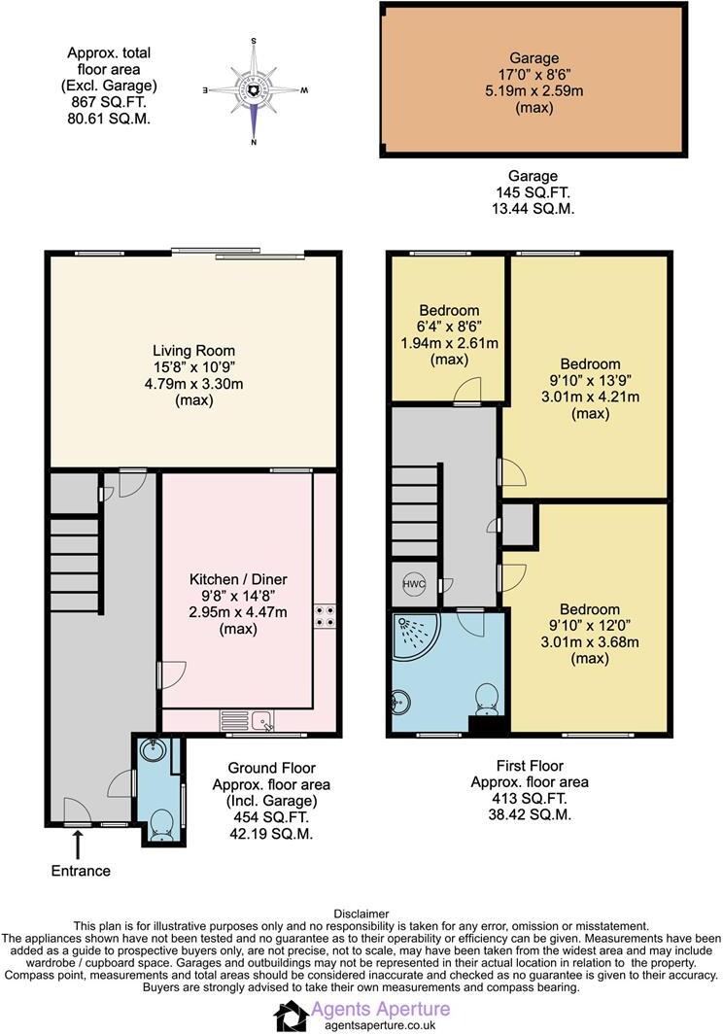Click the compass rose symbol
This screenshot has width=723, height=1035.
(x=254, y=90)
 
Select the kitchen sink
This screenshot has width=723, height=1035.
(x=260, y=720)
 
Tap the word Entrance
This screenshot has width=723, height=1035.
(x=81, y=871)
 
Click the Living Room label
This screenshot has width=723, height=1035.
(x=193, y=350)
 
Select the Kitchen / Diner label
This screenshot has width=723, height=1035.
(x=237, y=579)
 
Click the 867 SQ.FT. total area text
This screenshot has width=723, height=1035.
(x=109, y=101)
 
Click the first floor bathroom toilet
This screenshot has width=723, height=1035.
(x=487, y=696)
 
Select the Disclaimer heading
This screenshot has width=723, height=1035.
(x=361, y=914)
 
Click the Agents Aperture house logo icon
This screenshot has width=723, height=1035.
(x=290, y=1016)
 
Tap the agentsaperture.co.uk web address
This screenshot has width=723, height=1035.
(x=373, y=1025)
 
